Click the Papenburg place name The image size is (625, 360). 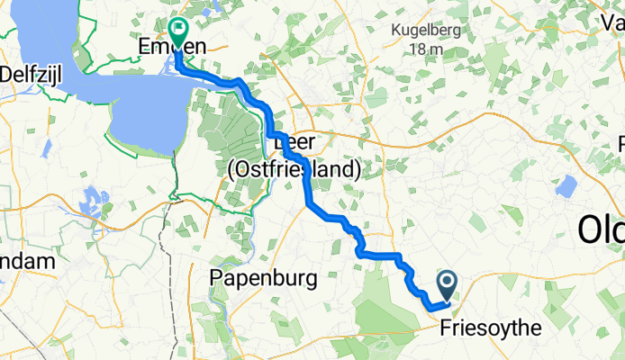(x=263, y=278)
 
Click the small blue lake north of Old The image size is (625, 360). (x=566, y=186)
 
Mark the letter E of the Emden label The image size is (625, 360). (x=143, y=46)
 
